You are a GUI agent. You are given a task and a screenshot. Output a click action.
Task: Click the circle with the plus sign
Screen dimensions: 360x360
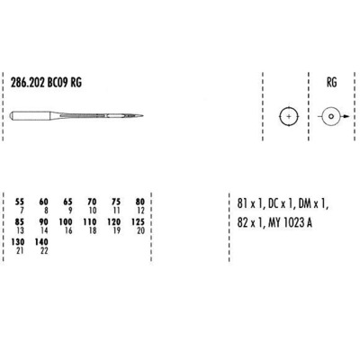coord(288,118)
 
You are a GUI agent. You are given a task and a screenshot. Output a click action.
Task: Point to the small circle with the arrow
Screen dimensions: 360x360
coord(330,118)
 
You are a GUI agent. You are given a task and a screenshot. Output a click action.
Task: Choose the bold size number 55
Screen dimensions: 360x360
coord(20,202)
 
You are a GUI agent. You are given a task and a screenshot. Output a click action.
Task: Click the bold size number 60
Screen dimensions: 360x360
coord(44,202)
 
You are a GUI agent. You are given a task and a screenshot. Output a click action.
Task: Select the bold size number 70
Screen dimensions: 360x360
coord(91,202)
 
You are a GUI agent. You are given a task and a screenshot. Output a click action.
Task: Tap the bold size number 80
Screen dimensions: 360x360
coord(139,202)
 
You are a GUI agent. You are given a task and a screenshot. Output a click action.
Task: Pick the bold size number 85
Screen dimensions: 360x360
coord(20,220)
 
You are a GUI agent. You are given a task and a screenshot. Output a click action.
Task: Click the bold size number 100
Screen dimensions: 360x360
coord(66,220)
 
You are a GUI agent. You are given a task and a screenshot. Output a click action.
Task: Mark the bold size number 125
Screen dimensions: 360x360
coord(138,220)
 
